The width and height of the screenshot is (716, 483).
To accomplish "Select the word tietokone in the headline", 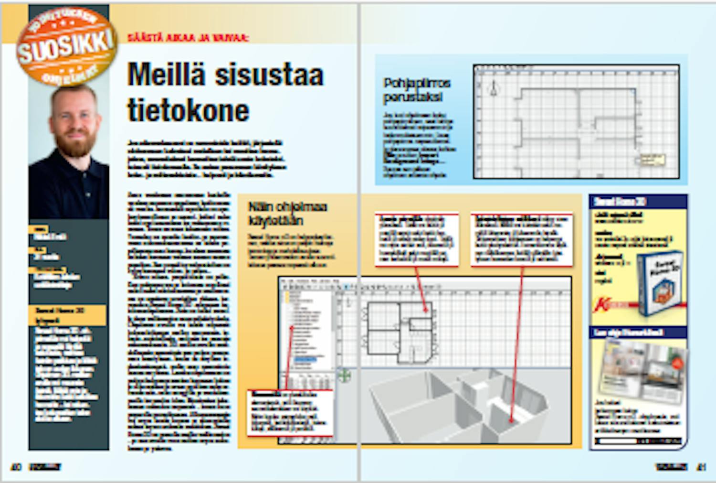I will point(188,111).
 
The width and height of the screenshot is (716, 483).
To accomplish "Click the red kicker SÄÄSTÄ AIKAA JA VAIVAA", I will point(188,38).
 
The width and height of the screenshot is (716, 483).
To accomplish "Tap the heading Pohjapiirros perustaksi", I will point(416,90).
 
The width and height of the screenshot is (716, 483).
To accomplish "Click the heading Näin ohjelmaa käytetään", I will point(287,214).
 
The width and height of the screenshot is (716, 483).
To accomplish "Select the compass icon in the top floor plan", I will point(494,88).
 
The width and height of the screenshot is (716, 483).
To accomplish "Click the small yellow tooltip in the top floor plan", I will point(652,159).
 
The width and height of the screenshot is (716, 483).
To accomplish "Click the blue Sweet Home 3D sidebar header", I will point(638,201).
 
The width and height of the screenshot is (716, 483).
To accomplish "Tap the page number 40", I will point(16,467).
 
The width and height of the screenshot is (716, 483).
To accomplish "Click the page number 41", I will point(701,467).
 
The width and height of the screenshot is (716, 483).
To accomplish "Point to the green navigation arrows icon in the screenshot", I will point(344,376).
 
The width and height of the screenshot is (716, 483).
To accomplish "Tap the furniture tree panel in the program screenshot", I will point(308,330).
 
